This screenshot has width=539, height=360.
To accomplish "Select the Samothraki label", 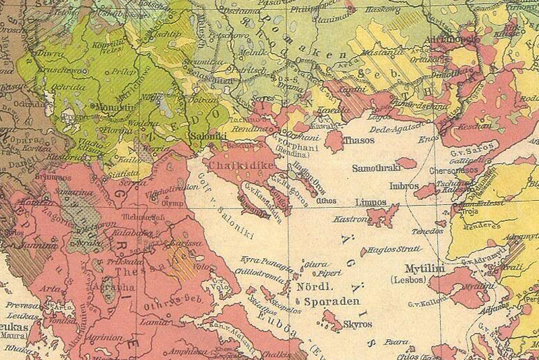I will coord(375,165).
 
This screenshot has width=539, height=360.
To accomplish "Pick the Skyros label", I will coord(357,324).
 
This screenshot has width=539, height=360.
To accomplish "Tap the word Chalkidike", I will coord(232,164).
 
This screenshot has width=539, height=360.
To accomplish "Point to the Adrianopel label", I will coord(451,40).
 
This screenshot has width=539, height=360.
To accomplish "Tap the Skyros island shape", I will coord(332,320).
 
